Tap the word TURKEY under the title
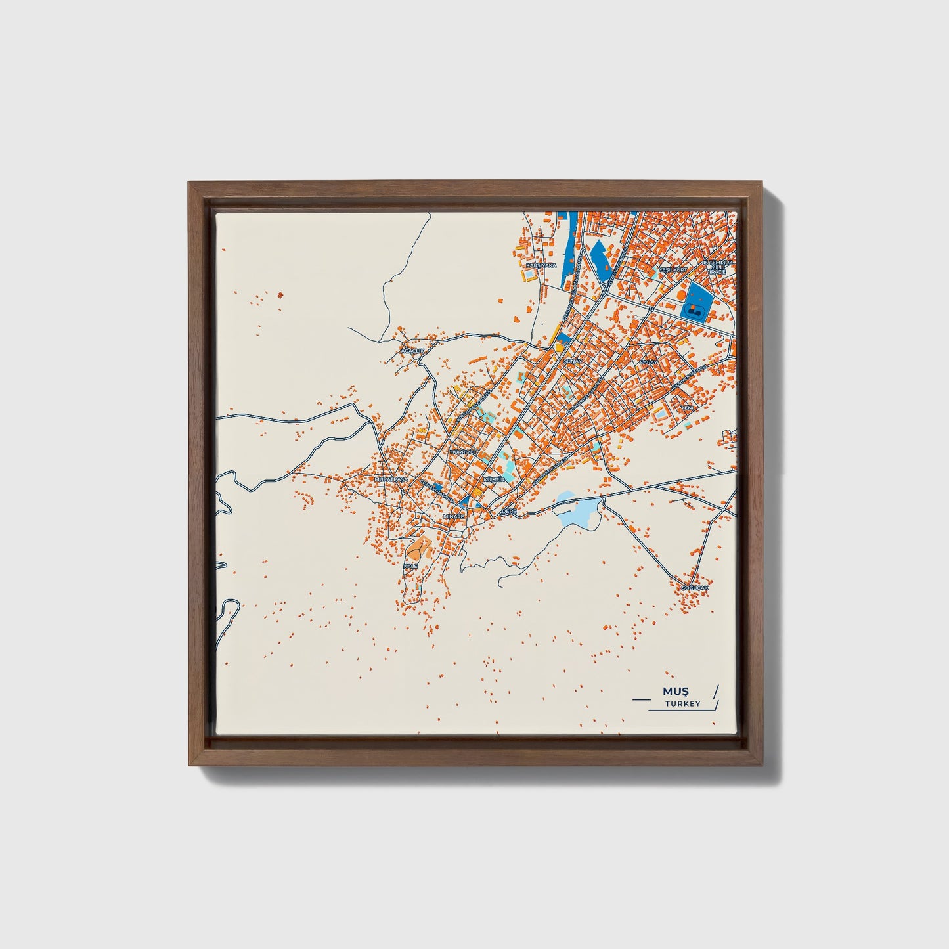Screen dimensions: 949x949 click(682, 704)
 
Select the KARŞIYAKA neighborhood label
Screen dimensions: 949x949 click(541, 265)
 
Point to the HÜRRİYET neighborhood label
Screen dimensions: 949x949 click(462, 452)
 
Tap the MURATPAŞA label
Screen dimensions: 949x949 click(391, 479)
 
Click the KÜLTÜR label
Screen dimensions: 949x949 click(494, 480)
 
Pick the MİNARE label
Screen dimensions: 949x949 click(454, 516)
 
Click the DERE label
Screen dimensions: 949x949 click(509, 510)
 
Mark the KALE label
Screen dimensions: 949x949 click(410, 565)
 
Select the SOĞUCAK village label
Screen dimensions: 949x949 click(695, 586)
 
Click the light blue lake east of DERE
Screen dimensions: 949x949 click(578, 510)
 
